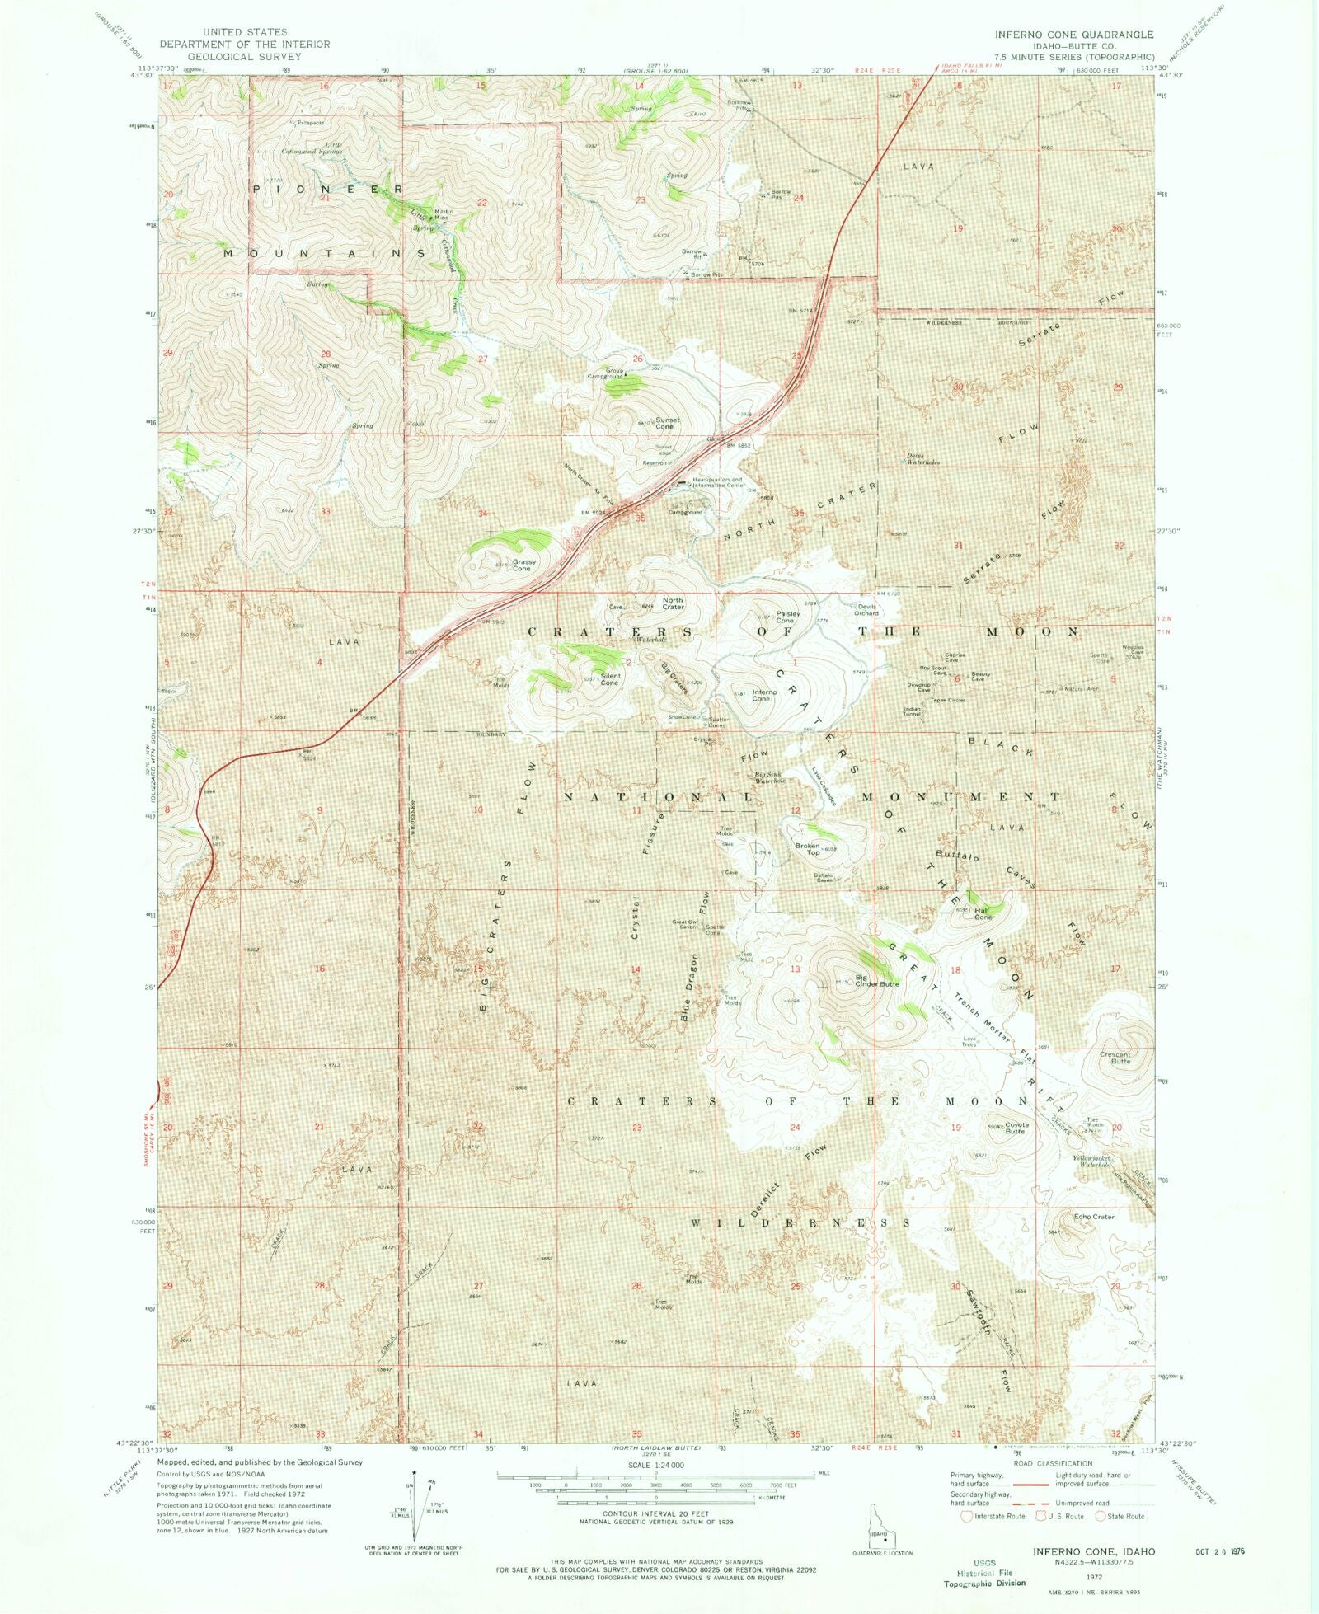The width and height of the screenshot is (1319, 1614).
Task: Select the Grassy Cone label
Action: [523, 565]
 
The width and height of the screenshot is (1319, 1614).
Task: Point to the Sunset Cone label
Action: [667, 423]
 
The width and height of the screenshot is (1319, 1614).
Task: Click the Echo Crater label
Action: [1094, 1217]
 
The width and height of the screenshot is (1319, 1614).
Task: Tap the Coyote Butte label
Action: [1016, 1128]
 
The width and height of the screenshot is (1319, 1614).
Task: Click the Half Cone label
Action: [983, 913]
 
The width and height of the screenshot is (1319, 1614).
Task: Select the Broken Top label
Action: [808, 848]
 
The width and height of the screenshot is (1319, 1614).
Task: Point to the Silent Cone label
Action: [609, 679]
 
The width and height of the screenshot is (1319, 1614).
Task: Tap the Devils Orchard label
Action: [866, 610]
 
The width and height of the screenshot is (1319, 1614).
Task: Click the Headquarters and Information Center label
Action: [717, 482]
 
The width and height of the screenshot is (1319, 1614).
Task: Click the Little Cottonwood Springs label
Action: [312, 148]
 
